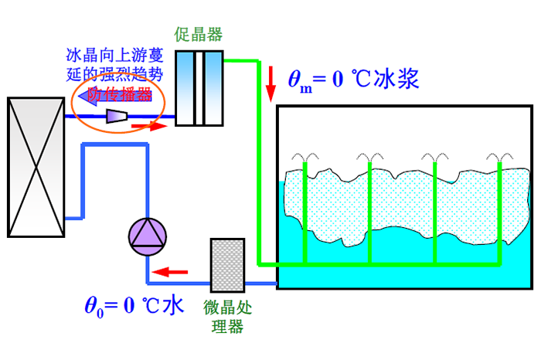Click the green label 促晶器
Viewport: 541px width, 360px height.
point(199,35)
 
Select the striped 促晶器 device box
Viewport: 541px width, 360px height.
point(199,87)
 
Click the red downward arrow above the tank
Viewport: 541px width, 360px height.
point(271,83)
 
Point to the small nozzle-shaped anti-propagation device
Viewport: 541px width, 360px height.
point(116,116)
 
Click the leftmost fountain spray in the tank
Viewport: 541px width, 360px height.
point(307,158)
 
